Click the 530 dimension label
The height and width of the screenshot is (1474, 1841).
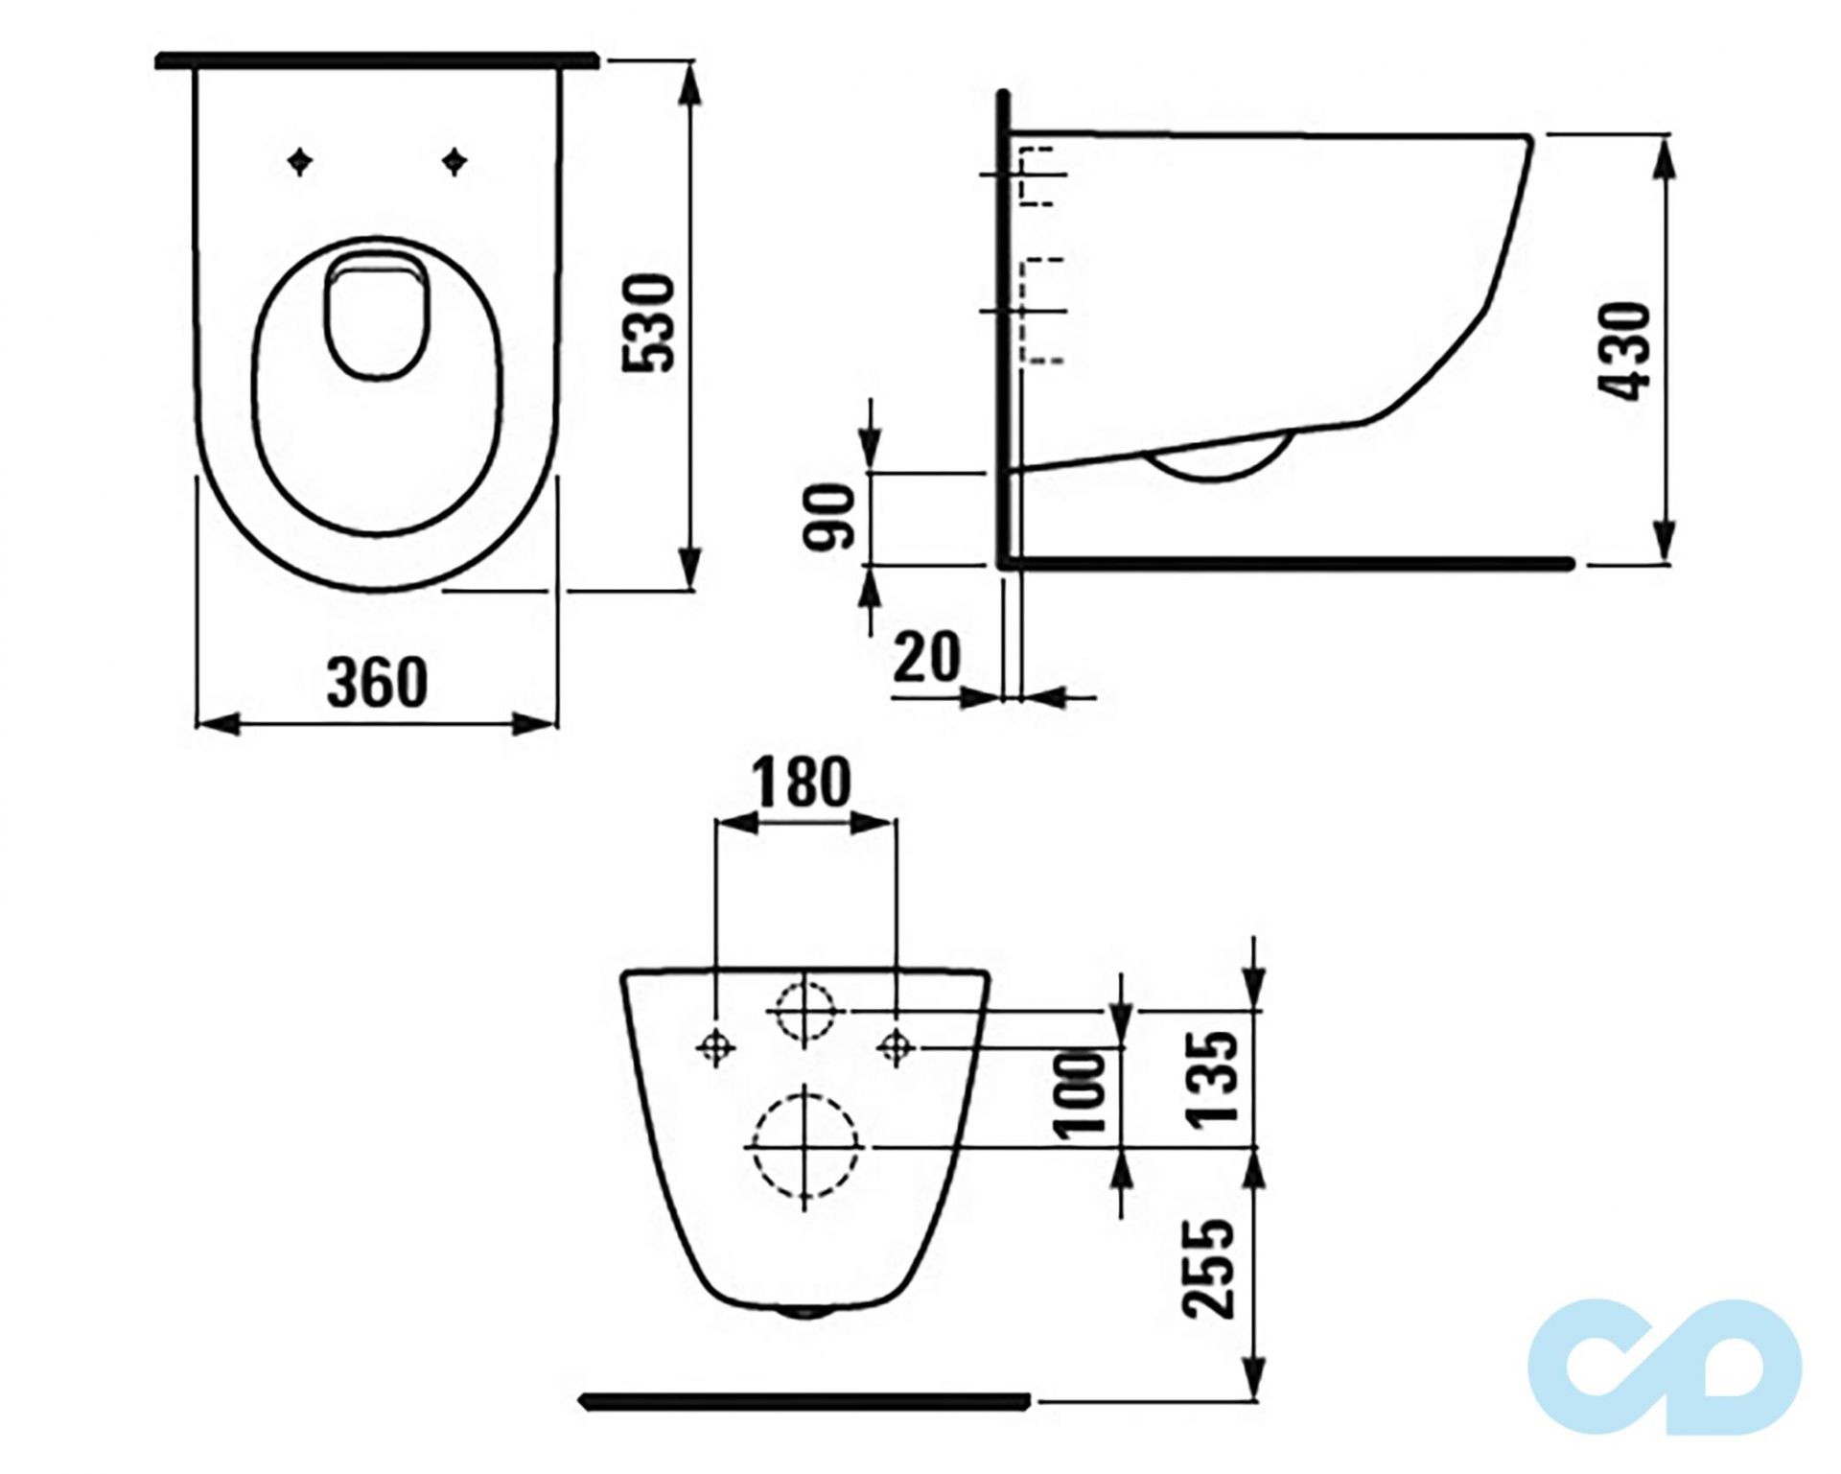point(650,323)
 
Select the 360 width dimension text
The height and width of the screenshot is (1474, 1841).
point(377,683)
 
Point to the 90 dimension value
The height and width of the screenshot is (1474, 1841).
point(828,518)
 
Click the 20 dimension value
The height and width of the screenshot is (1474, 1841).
point(926,658)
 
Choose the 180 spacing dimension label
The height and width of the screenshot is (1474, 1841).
point(801,784)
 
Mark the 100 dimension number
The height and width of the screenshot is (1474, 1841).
point(1082,1094)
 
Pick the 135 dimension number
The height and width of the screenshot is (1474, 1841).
point(1212,1077)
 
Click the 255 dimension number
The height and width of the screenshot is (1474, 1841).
point(1208,1269)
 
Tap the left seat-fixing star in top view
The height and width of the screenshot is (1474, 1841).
point(301,162)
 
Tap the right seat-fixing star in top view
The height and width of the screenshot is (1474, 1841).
point(454,162)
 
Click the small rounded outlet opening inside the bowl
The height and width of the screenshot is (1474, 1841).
point(376,316)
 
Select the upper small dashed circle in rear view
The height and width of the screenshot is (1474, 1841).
point(804,1012)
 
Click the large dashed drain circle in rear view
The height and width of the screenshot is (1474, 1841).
point(804,1147)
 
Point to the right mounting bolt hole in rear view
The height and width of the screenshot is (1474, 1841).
point(896,1047)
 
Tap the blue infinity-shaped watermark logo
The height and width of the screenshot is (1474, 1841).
point(1665,1367)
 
